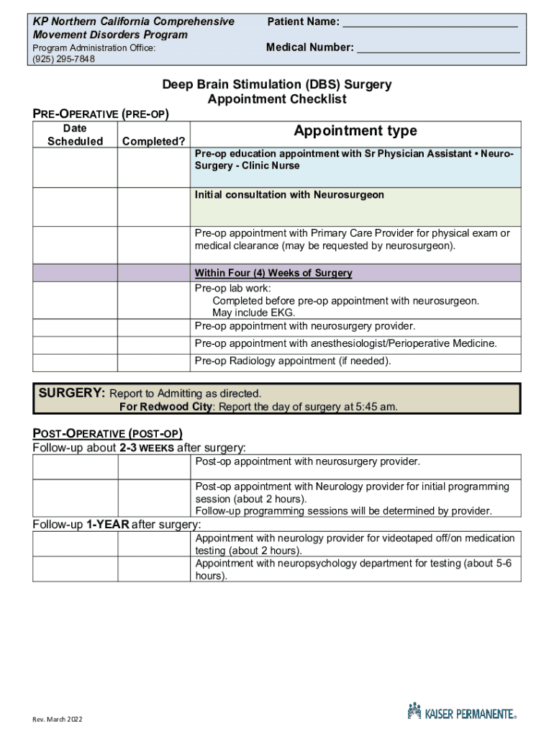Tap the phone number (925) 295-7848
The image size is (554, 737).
point(63,59)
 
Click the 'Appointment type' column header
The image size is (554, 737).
point(355,131)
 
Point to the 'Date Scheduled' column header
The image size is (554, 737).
point(75,135)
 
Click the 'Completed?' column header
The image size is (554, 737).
point(153,141)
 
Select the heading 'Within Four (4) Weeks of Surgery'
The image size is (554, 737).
point(273,273)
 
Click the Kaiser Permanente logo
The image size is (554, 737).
point(461,713)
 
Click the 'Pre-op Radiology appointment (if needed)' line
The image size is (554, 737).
point(293,361)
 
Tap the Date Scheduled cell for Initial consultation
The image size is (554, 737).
point(75,207)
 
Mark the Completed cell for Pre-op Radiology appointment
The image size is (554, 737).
point(153,361)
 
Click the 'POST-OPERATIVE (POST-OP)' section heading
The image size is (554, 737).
point(107,433)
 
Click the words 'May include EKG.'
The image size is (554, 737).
point(253,313)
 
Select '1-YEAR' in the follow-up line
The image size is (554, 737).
point(107,525)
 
